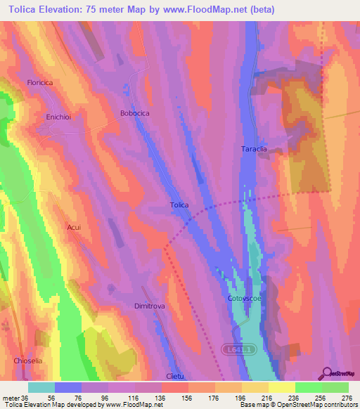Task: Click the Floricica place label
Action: [40, 83]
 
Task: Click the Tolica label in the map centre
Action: [179, 205]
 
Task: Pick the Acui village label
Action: [74, 228]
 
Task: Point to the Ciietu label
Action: [175, 376]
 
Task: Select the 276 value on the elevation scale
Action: [347, 397]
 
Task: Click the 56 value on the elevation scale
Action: [67, 397]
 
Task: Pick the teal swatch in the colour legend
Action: [41, 387]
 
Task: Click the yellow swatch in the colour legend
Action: [282, 387]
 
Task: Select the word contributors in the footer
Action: [340, 405]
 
